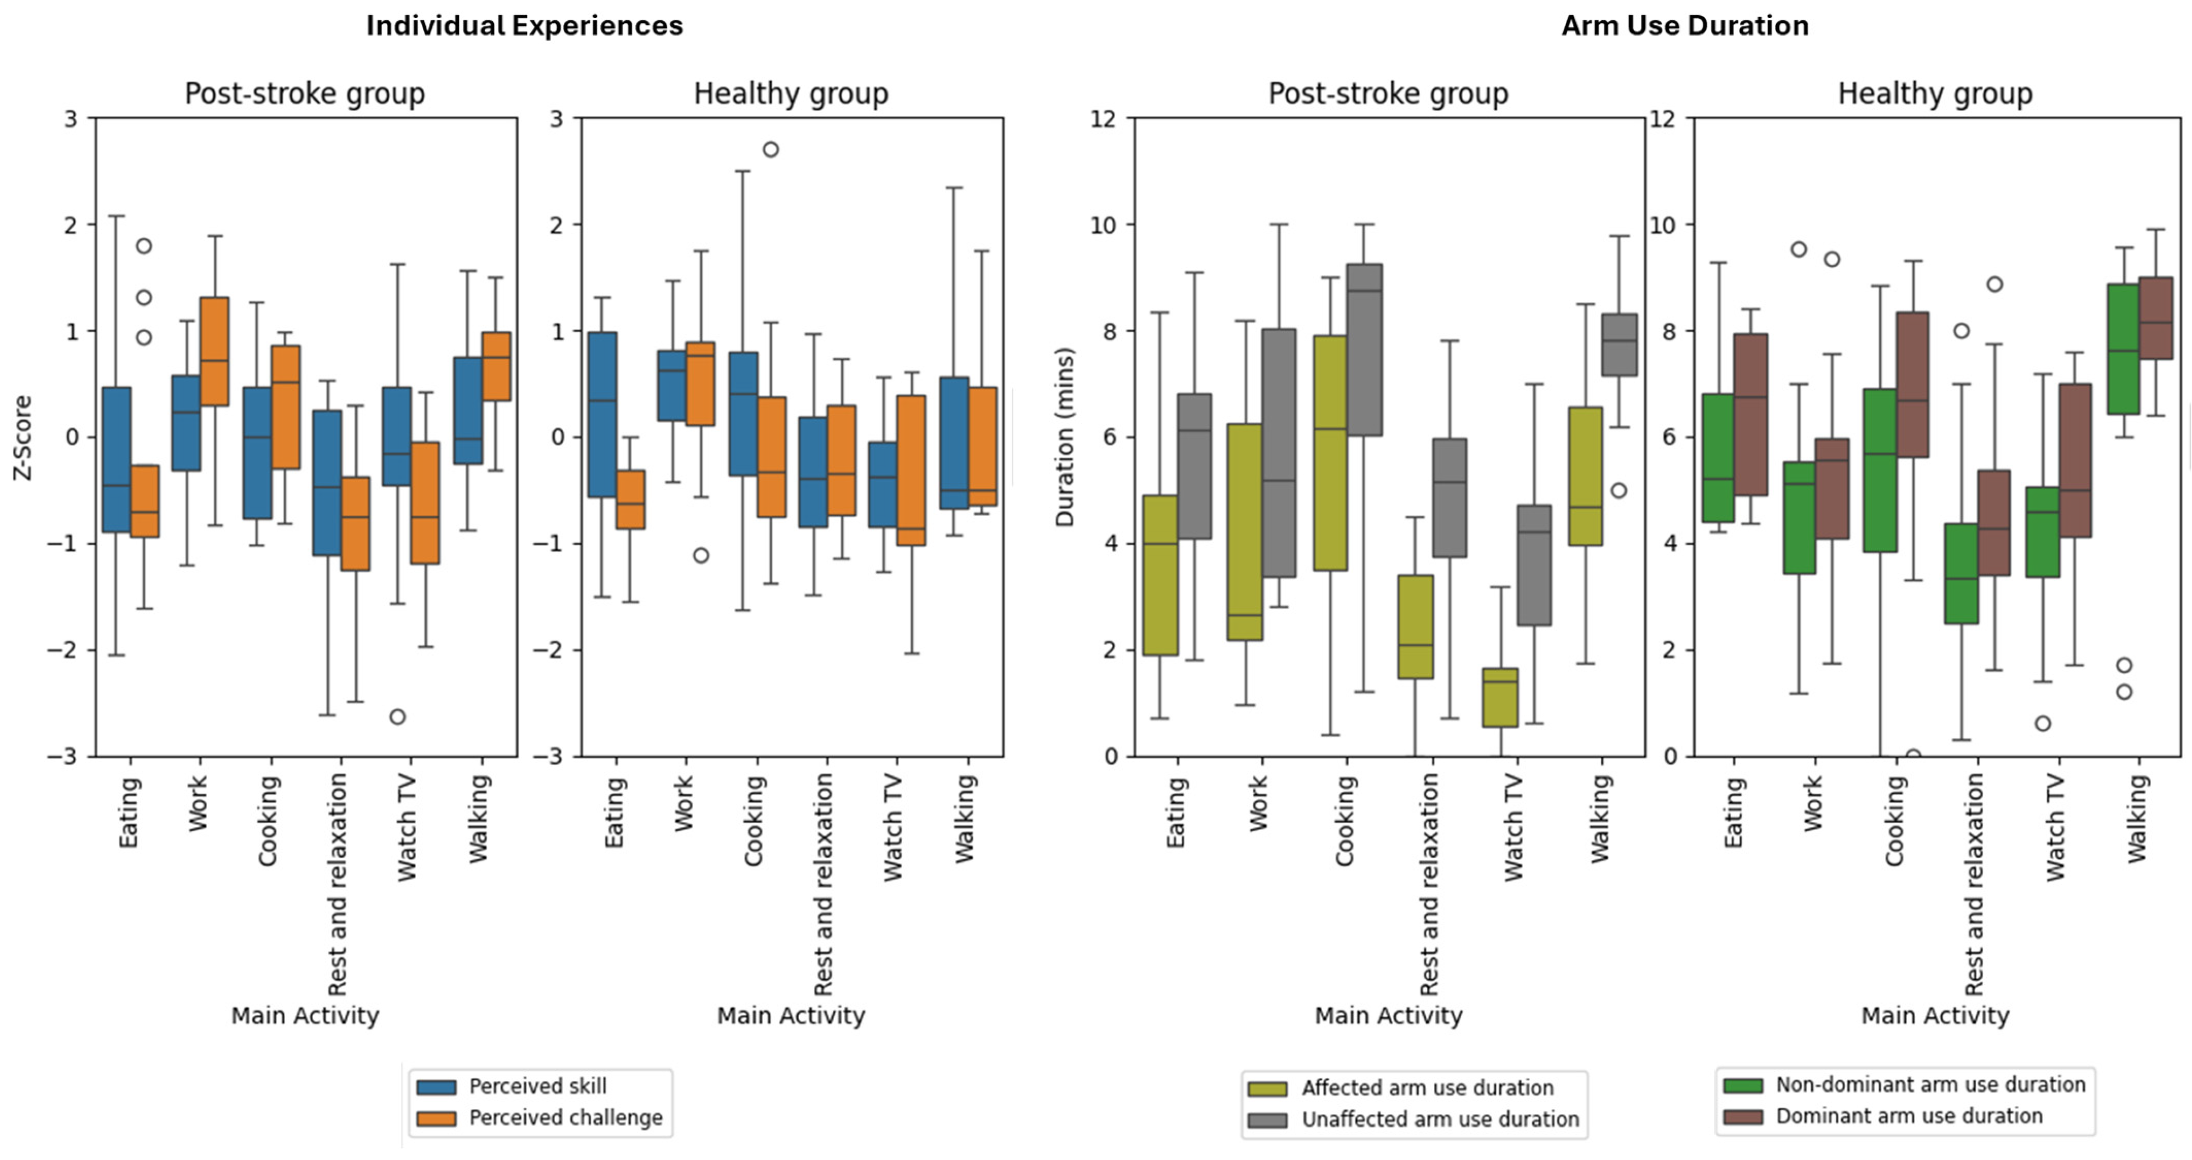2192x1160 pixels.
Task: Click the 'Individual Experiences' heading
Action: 524,26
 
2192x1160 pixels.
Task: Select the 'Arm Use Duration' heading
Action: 1684,26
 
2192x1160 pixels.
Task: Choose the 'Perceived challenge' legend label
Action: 565,1117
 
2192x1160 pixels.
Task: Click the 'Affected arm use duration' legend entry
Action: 1427,1088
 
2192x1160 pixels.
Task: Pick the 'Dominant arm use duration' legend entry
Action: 1909,1116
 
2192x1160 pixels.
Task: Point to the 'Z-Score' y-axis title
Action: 23,437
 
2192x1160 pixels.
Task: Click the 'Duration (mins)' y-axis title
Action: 1065,437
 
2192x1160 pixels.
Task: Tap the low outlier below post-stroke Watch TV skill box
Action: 397,717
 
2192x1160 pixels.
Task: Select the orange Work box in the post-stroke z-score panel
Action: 214,351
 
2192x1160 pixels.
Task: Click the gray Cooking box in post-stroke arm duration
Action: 1364,349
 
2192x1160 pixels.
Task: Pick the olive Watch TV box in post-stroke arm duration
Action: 1500,697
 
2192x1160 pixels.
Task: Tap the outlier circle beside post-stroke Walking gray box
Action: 1619,491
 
